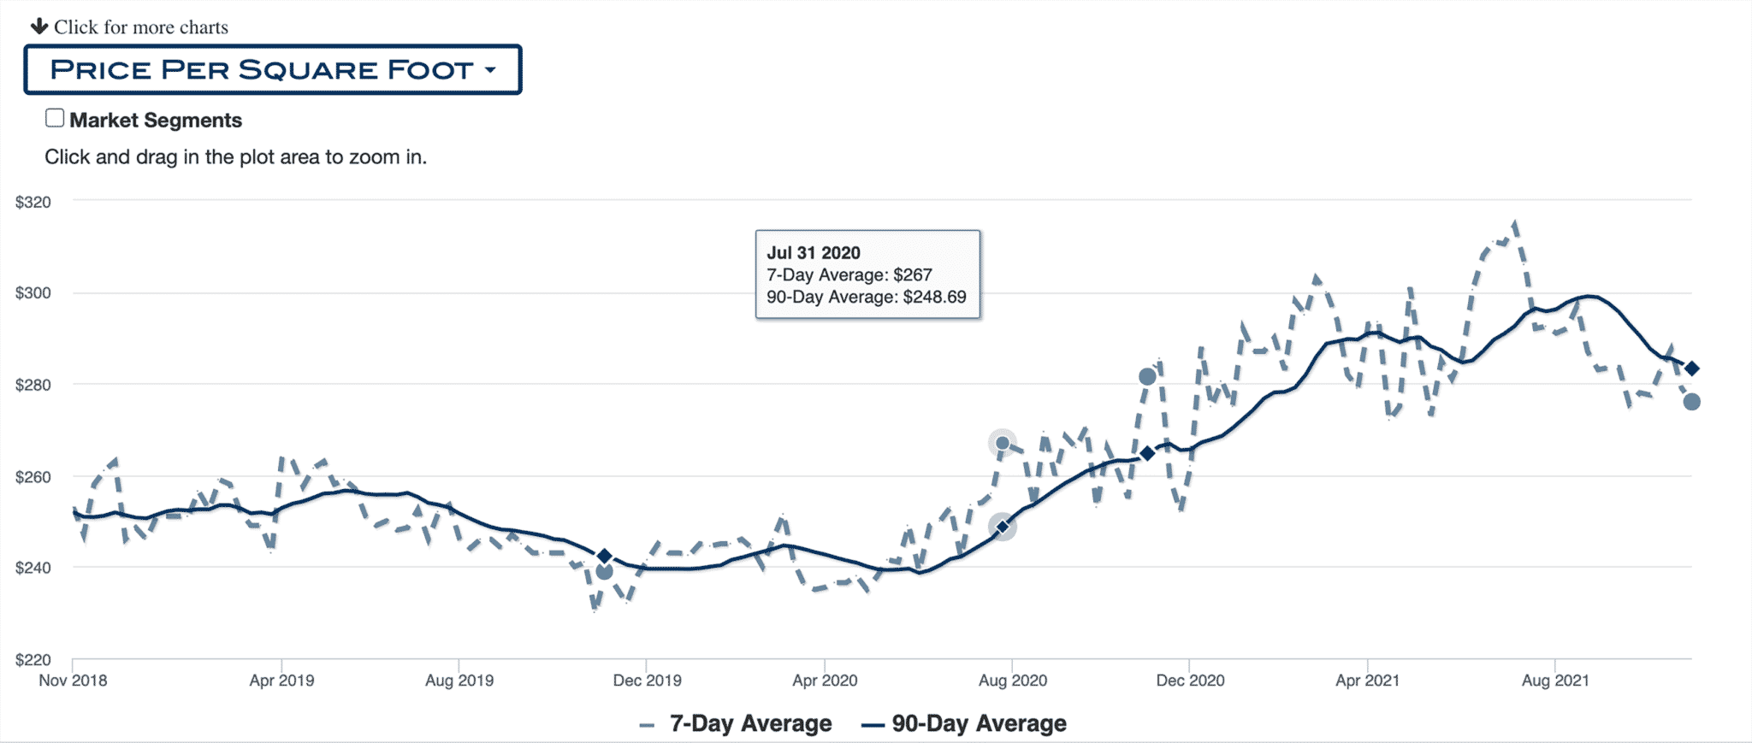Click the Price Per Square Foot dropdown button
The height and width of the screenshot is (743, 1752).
pos(272,69)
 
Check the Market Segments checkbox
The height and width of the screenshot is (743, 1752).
pos(55,119)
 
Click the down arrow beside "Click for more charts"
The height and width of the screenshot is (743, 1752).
pos(39,26)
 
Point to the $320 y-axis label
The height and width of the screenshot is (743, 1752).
pos(33,203)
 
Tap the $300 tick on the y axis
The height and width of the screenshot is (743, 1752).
pos(33,293)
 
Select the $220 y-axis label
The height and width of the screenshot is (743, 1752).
pos(33,659)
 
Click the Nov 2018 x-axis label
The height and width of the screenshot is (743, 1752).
pos(73,681)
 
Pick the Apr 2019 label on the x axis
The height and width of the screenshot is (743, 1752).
pos(281,681)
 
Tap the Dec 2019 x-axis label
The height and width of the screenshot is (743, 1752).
pos(647,681)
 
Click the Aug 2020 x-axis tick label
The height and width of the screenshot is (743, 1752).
pos(1013,681)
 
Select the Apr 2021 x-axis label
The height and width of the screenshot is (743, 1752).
pos(1367,681)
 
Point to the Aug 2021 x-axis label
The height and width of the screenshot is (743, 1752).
pos(1554,681)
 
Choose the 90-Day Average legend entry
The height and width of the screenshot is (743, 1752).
pos(965,724)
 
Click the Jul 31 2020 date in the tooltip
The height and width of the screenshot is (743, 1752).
pos(814,253)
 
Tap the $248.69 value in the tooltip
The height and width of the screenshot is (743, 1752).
pos(934,298)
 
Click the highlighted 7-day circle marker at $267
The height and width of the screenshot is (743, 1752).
pos(1003,443)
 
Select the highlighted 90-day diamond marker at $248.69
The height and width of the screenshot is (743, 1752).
pos(1003,527)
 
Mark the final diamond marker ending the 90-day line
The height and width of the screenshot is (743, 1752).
pos(1691,369)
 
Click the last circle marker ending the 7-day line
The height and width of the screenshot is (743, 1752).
pos(1691,402)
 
